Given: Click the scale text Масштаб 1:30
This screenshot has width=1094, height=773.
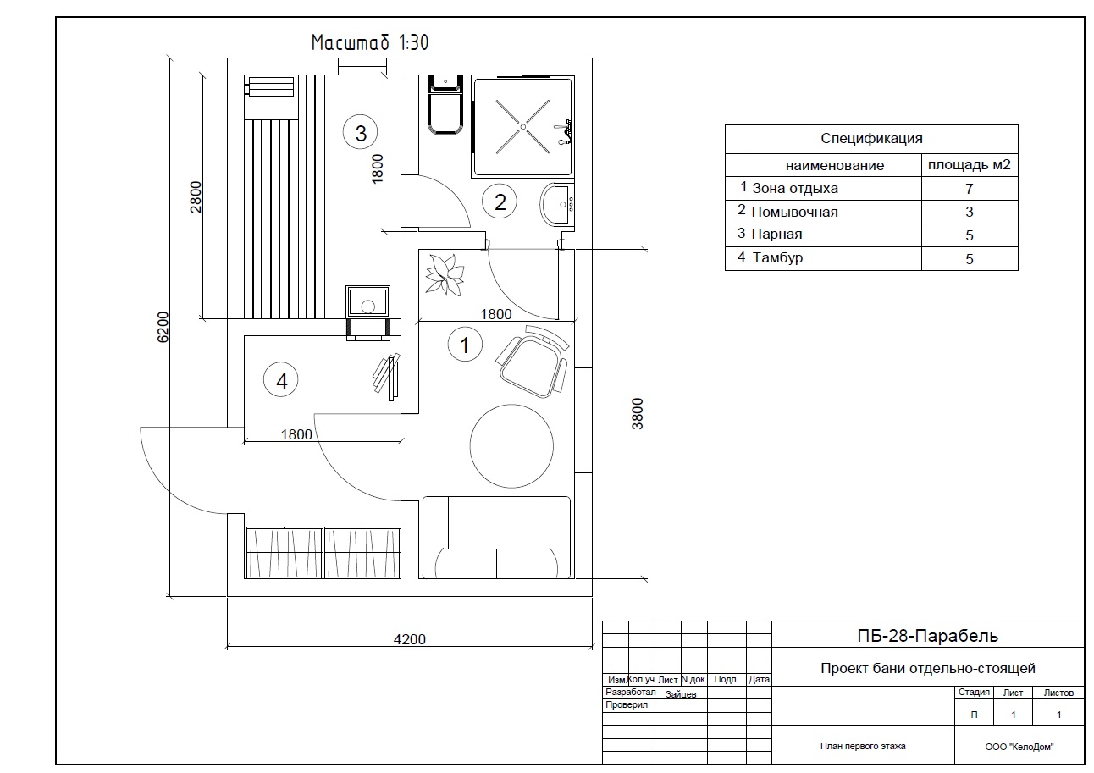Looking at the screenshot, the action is tap(370, 42).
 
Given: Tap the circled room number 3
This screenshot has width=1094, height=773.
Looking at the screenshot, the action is tap(361, 132).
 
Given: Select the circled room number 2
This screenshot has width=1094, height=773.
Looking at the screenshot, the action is tap(500, 202).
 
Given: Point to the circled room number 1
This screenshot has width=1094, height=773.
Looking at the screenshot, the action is tap(465, 345).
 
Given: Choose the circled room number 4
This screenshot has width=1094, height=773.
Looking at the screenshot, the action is tap(281, 379).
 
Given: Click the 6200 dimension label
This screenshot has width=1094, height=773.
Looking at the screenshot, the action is tap(163, 327).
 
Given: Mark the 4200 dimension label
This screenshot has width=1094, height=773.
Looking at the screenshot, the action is tap(409, 638).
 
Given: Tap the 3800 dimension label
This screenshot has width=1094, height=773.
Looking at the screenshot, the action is tap(638, 414).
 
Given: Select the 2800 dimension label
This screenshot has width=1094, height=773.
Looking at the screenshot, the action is tap(196, 196).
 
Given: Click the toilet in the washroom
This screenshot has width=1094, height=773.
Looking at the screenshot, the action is tap(445, 104).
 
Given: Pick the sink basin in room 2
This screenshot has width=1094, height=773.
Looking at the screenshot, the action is tap(557, 204).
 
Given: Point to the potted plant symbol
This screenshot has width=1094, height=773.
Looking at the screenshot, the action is tap(444, 274).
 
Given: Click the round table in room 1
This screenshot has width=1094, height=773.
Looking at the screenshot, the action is tap(511, 446).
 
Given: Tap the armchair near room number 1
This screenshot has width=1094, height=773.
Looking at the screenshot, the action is tap(533, 361).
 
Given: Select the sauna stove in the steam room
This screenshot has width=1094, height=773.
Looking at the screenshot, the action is tap(367, 312).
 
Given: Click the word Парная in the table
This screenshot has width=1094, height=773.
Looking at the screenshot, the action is tap(776, 234).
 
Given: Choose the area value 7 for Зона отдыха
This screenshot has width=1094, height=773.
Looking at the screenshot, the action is tap(970, 189).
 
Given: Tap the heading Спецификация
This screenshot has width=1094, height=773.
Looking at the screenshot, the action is tap(871, 138).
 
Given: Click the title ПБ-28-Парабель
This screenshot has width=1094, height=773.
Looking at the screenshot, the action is tap(927, 635).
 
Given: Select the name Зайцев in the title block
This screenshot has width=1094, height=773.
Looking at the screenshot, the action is tap(680, 694).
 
